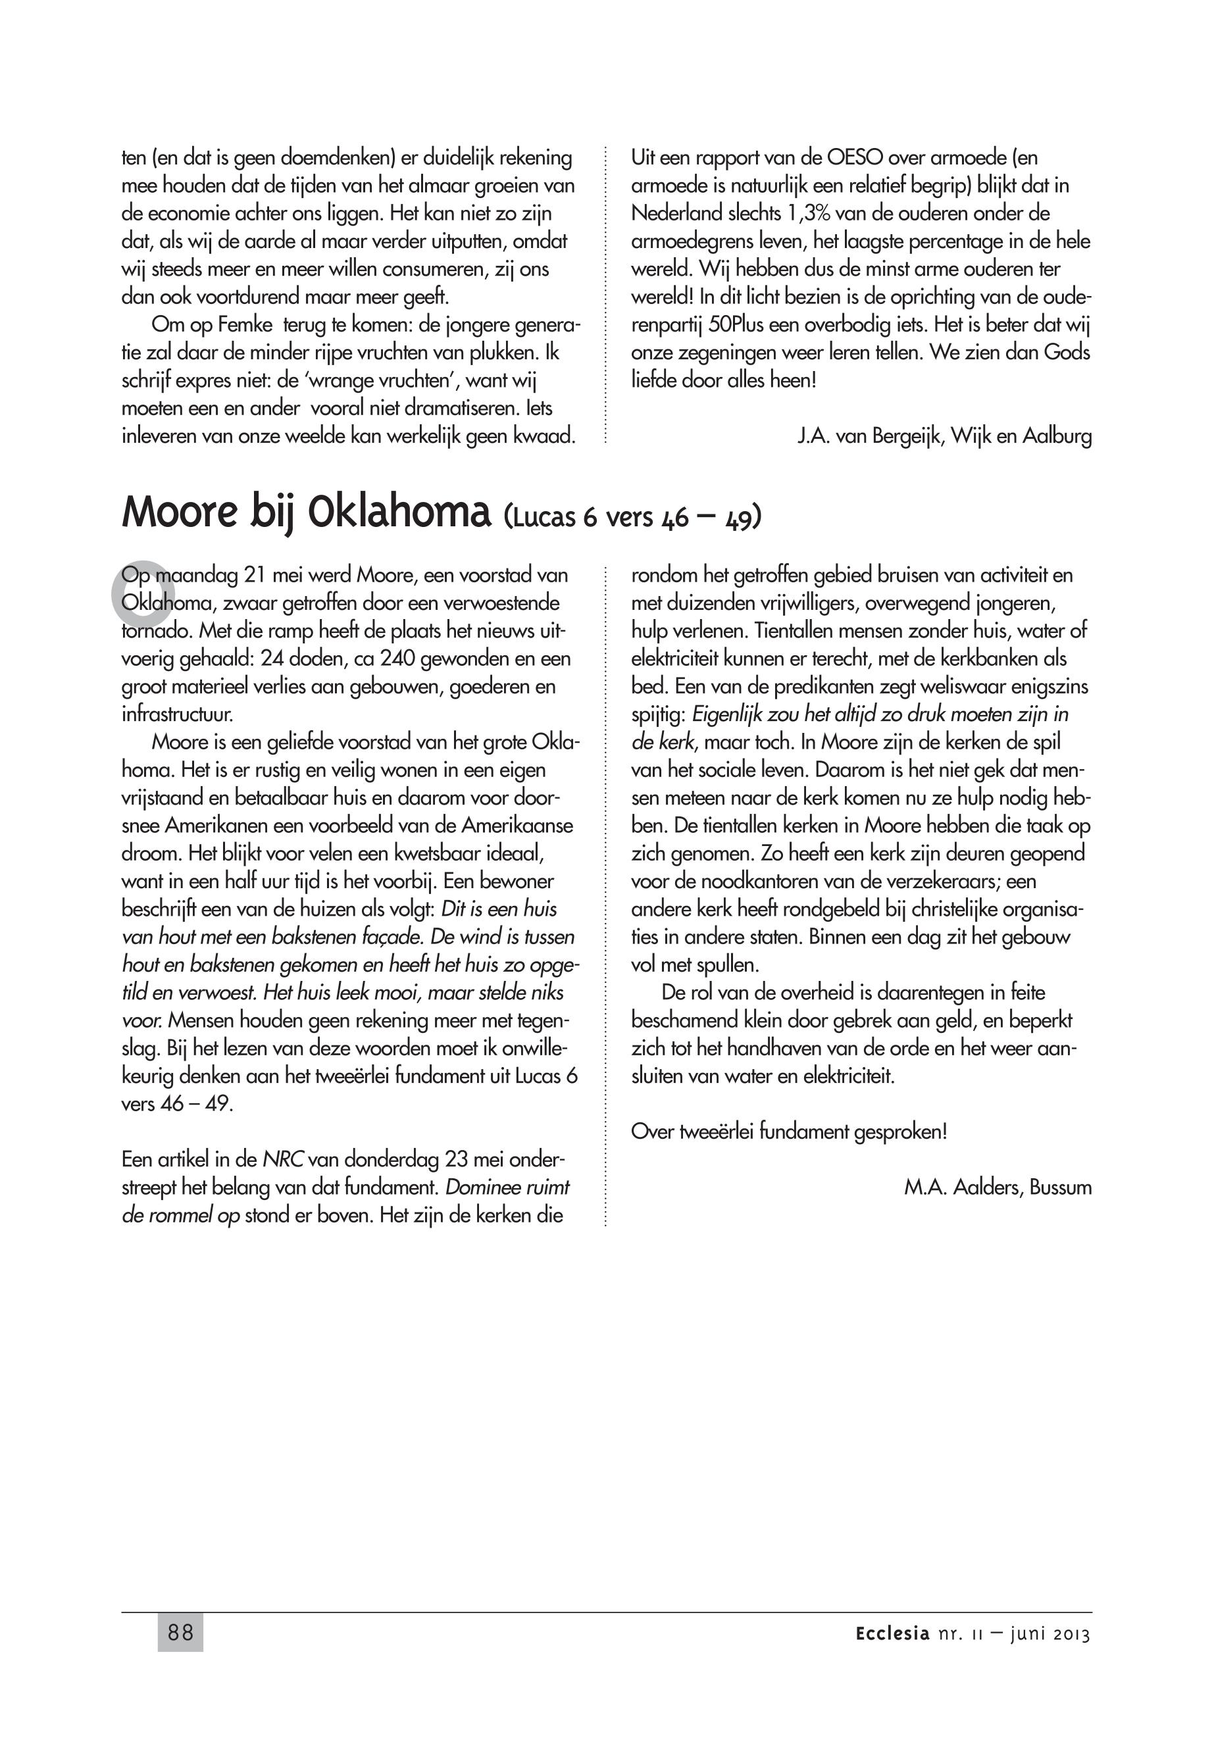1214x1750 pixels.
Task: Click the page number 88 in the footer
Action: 180,1632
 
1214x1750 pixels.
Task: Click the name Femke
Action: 245,326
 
